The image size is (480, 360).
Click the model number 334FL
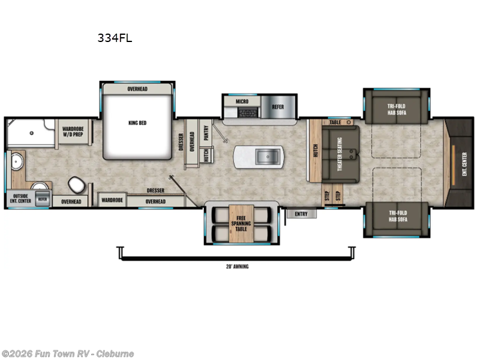coord(115,38)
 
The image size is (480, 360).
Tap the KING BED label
coord(137,123)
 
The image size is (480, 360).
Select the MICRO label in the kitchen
coord(242,102)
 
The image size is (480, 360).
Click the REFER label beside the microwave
coord(278,107)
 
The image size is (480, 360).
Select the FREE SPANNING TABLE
coord(241,224)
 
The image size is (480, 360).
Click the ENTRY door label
coord(301,214)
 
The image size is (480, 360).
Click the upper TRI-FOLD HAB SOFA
coord(395,109)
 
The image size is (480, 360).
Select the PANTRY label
coord(206,133)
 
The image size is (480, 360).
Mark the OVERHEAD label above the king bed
coord(137,89)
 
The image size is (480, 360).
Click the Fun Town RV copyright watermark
coord(68,354)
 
